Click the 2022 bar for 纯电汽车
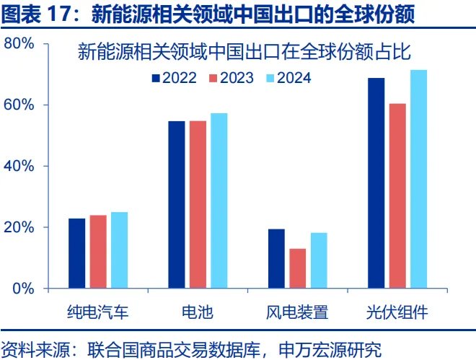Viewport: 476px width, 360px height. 76,253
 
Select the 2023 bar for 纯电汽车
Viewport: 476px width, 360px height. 97,252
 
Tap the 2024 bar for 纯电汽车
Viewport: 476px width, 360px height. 118,250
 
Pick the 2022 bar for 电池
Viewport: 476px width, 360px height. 177,205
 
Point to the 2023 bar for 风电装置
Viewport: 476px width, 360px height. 297,268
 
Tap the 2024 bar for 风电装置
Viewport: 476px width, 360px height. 318,260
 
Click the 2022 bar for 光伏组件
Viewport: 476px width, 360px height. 376,183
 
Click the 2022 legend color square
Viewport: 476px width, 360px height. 155,78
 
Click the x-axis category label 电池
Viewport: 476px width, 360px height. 198,312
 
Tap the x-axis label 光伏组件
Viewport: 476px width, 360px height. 397,312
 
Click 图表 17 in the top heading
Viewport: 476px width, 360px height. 36,13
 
